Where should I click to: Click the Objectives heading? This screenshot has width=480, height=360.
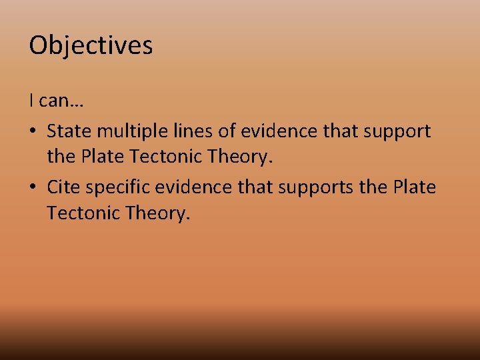coord(91,45)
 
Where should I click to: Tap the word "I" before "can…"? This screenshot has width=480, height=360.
coord(31,101)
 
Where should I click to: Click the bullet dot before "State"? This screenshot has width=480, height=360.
coord(33,131)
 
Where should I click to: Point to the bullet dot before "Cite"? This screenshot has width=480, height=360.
coord(33,187)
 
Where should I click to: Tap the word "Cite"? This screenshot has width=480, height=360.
coord(63,187)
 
